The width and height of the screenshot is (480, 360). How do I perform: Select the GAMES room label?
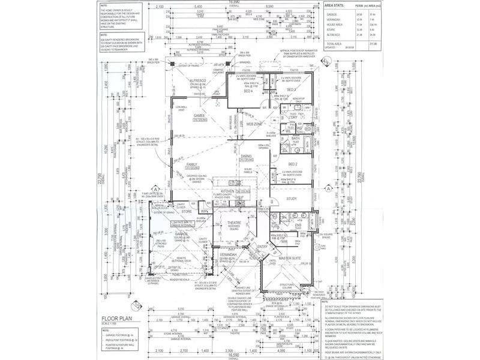[200, 115]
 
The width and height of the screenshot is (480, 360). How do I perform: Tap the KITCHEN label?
[227, 190]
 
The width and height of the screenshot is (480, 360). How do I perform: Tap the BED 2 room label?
[293, 164]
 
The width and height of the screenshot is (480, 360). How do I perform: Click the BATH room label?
[295, 139]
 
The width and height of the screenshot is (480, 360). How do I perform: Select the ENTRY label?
[262, 246]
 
